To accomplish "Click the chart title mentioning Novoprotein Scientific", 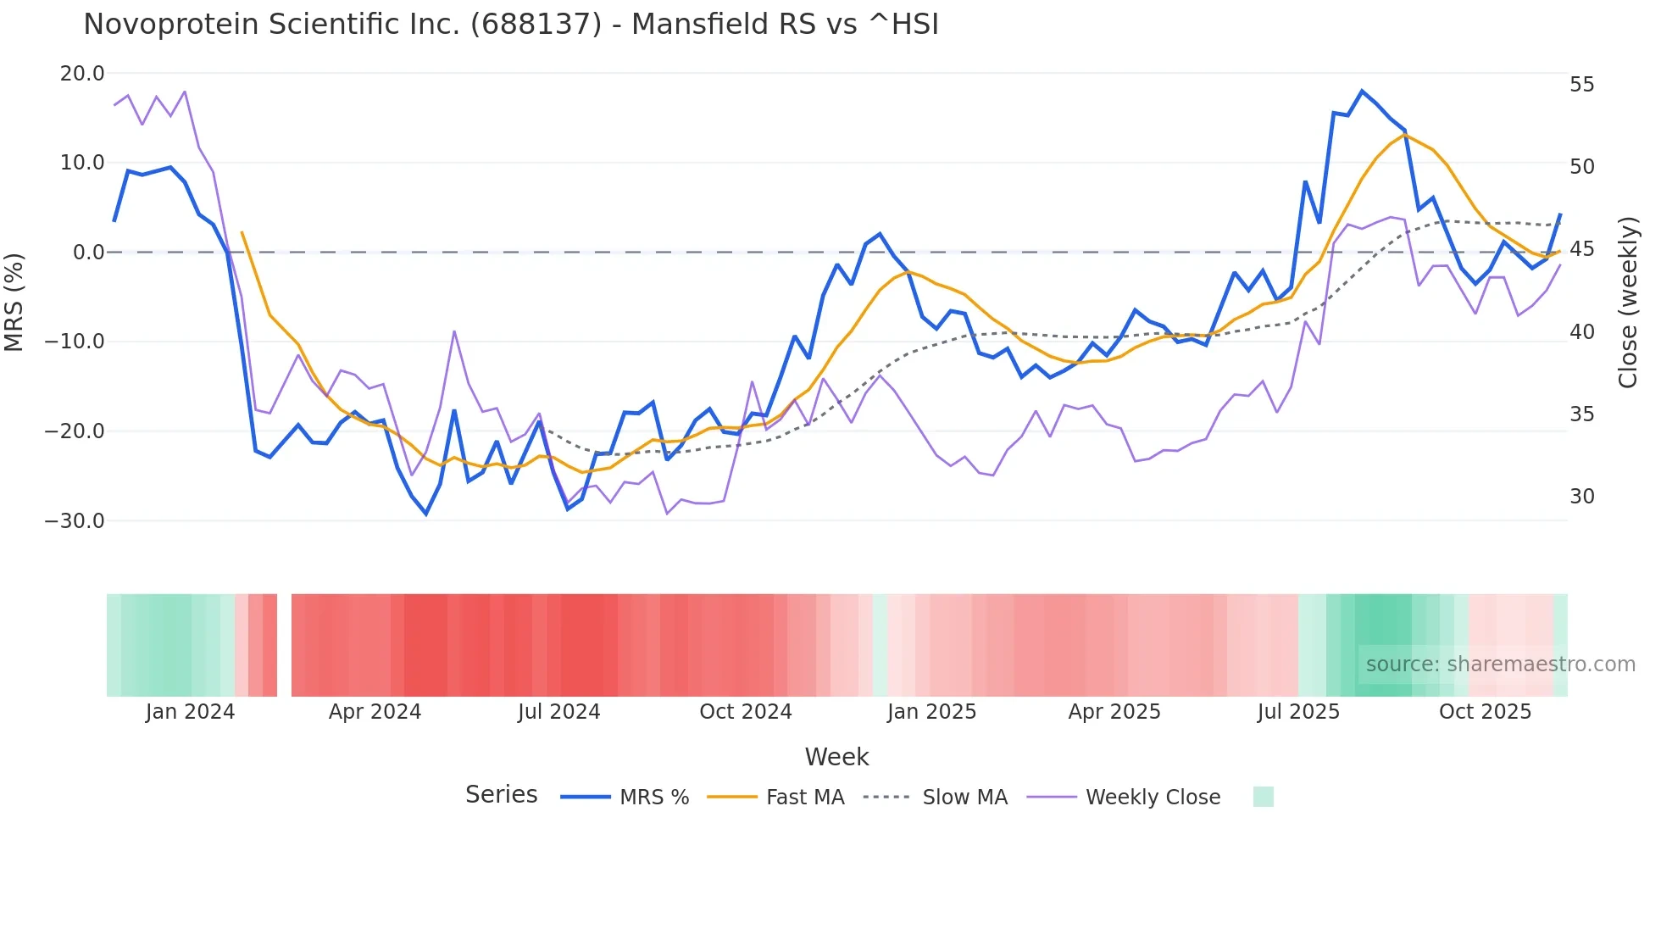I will (511, 25).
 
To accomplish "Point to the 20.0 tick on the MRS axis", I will (82, 74).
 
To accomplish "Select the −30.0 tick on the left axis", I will (75, 521).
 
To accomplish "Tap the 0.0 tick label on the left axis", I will (89, 253).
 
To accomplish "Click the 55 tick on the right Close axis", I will (1581, 85).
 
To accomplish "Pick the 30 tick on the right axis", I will (1581, 497).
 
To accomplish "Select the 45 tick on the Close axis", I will (1581, 249).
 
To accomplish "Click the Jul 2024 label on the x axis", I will (558, 712).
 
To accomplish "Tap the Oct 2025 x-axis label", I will (1485, 712).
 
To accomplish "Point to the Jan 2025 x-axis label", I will (931, 712).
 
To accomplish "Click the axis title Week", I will (836, 757).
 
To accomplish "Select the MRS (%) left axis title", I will (14, 302).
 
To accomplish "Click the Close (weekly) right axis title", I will (1628, 303).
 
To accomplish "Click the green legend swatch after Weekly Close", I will (1263, 797).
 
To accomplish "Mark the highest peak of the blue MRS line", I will (1362, 91).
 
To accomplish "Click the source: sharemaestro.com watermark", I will (1500, 664).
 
